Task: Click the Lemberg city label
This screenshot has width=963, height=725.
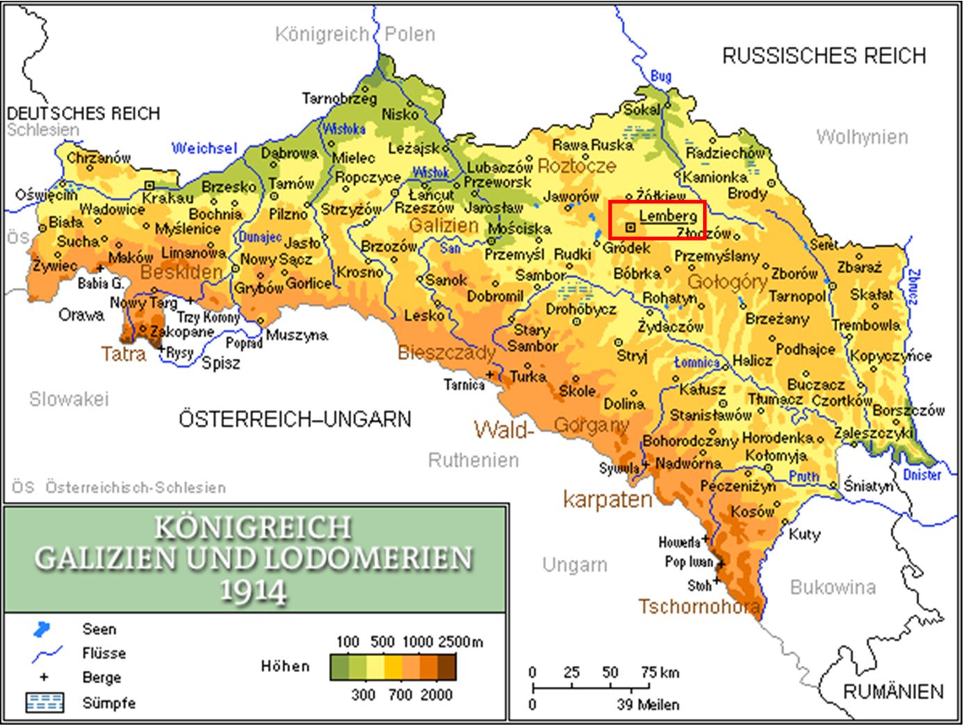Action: tap(667, 216)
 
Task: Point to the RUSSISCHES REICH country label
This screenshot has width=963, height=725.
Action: tap(824, 56)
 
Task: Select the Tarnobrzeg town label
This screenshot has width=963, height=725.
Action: tap(339, 99)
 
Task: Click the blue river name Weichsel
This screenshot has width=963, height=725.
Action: tap(204, 148)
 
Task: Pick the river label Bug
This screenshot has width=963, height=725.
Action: tap(660, 76)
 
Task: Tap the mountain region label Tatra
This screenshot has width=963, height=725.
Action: tap(123, 355)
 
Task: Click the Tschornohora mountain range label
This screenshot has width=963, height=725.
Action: tap(699, 607)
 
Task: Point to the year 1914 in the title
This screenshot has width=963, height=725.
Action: tap(253, 592)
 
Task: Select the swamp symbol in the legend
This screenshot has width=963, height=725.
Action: tap(44, 703)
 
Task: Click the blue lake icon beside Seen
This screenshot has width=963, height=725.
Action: tap(42, 630)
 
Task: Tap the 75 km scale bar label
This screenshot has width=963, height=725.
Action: tap(660, 672)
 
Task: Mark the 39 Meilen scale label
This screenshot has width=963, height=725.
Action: tap(647, 705)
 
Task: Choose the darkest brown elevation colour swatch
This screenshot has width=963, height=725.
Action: tap(447, 667)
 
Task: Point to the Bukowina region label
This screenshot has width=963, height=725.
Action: tap(832, 587)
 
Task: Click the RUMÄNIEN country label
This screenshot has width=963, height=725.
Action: tap(893, 692)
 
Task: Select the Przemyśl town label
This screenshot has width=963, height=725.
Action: tap(514, 254)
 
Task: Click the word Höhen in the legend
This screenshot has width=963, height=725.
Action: tap(285, 667)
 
